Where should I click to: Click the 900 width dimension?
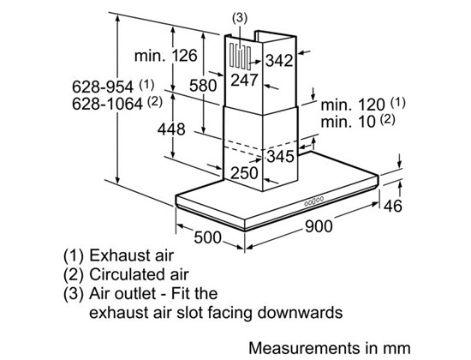(x=319, y=226)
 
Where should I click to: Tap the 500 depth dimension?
(x=207, y=237)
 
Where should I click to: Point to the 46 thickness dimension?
(x=393, y=206)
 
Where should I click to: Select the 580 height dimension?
(x=203, y=86)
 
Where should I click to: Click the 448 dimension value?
(x=171, y=129)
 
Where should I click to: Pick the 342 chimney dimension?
(x=279, y=61)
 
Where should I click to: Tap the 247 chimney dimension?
(x=245, y=80)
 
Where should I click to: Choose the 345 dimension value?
(x=281, y=156)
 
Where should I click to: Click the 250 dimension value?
(x=245, y=173)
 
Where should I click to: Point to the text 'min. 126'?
(x=166, y=56)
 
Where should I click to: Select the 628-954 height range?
(x=103, y=87)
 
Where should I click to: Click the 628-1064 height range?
(x=107, y=104)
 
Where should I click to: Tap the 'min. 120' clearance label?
(x=353, y=105)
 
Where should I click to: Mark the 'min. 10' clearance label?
(x=349, y=122)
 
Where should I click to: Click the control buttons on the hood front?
(x=314, y=201)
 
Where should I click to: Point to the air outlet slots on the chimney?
(x=241, y=57)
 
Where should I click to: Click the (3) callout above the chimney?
(x=240, y=18)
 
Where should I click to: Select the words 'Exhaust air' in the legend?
(x=131, y=255)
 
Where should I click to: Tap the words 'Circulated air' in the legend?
(x=139, y=274)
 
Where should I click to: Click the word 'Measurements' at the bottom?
(x=304, y=348)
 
